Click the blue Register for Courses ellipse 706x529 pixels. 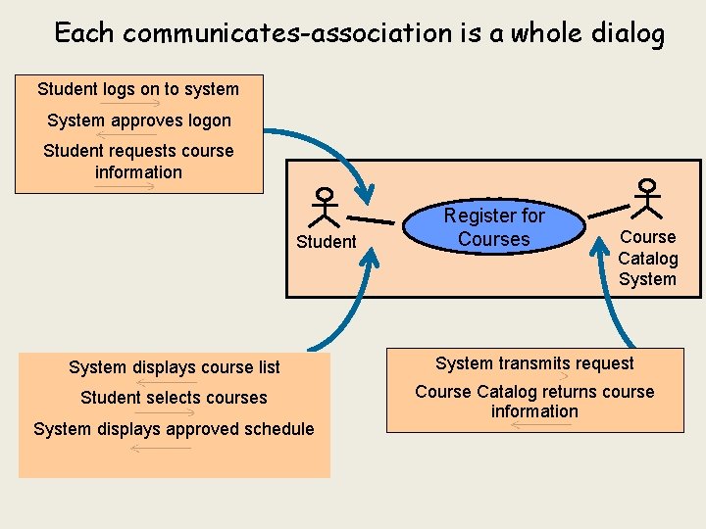point(494,227)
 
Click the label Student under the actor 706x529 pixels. point(326,242)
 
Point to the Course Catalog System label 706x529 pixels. point(647,258)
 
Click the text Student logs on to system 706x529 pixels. point(138,89)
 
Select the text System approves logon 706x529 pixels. point(139,120)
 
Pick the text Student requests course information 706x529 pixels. point(138,162)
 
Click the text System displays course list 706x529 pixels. point(175,367)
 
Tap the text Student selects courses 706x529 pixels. point(174,398)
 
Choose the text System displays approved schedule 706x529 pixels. point(174,429)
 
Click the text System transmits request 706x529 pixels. point(534,363)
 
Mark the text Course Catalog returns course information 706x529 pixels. point(534,402)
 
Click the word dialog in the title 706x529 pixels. point(629,33)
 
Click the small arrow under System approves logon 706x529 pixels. point(127,135)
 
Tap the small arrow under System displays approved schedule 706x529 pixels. point(161,448)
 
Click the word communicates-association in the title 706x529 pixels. point(288,33)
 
